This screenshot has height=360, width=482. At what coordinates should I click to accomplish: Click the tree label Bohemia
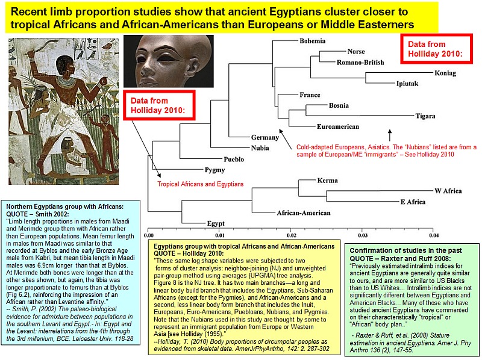point(312,41)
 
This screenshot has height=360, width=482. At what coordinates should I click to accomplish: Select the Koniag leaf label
point(445,73)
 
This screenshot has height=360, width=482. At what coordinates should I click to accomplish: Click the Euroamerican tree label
point(338,126)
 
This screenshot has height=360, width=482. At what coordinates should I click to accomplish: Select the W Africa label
point(448,191)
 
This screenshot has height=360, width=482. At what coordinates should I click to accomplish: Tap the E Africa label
point(413,202)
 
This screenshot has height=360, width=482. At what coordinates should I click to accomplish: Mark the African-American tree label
point(304,213)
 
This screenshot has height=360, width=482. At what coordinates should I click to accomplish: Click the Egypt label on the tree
point(216,223)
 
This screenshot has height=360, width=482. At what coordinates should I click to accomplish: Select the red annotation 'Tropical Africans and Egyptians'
point(201,184)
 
